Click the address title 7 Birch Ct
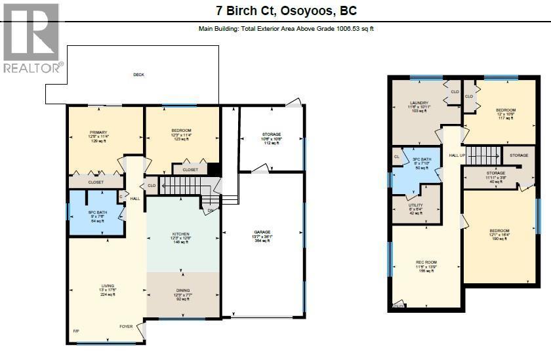(286, 11)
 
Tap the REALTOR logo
(33, 40)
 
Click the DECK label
(138, 75)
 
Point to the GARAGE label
(262, 232)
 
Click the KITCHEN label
(180, 234)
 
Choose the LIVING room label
(108, 286)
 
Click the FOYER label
(125, 326)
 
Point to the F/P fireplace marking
(75, 330)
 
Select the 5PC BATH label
(97, 212)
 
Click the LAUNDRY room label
(419, 103)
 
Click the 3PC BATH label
(422, 159)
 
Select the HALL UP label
(457, 155)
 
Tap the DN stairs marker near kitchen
(211, 210)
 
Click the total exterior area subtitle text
(286, 29)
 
